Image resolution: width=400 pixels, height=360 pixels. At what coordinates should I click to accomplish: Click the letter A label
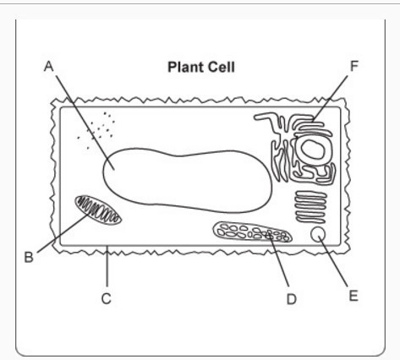click(x=49, y=67)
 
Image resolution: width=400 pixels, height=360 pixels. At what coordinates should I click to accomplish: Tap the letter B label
click(x=29, y=257)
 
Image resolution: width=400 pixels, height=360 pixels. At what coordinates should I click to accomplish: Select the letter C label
click(x=107, y=298)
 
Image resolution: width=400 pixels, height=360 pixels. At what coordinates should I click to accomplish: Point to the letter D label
click(x=292, y=299)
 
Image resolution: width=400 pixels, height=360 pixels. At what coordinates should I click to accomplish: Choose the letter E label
click(x=353, y=296)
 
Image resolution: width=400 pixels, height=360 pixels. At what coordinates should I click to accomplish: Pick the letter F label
click(x=353, y=66)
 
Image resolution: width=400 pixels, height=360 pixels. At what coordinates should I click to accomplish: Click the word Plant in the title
click(x=185, y=68)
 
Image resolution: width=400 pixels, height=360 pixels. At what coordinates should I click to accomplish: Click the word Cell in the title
click(x=222, y=68)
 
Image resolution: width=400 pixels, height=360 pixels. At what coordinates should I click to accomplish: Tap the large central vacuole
click(x=187, y=180)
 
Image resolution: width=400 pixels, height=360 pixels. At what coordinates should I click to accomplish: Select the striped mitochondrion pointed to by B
click(x=98, y=210)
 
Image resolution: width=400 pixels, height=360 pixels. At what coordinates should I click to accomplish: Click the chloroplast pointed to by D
click(x=252, y=232)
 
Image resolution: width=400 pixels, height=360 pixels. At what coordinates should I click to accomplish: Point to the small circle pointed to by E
click(x=318, y=234)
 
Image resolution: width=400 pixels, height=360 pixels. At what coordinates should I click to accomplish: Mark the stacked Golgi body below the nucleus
click(x=310, y=207)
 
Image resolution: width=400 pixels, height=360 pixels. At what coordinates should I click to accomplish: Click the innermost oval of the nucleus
click(x=312, y=149)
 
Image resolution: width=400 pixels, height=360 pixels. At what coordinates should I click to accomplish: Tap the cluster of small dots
click(x=96, y=130)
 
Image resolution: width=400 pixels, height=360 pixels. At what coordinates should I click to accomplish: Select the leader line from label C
click(x=107, y=266)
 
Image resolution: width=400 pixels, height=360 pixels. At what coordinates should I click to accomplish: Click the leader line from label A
click(x=85, y=123)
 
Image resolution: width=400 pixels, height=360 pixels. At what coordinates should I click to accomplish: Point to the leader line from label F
click(x=330, y=98)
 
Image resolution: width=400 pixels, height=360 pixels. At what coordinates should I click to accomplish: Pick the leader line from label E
click(x=333, y=260)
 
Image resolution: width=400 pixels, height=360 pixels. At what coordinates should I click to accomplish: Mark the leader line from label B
click(x=63, y=232)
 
